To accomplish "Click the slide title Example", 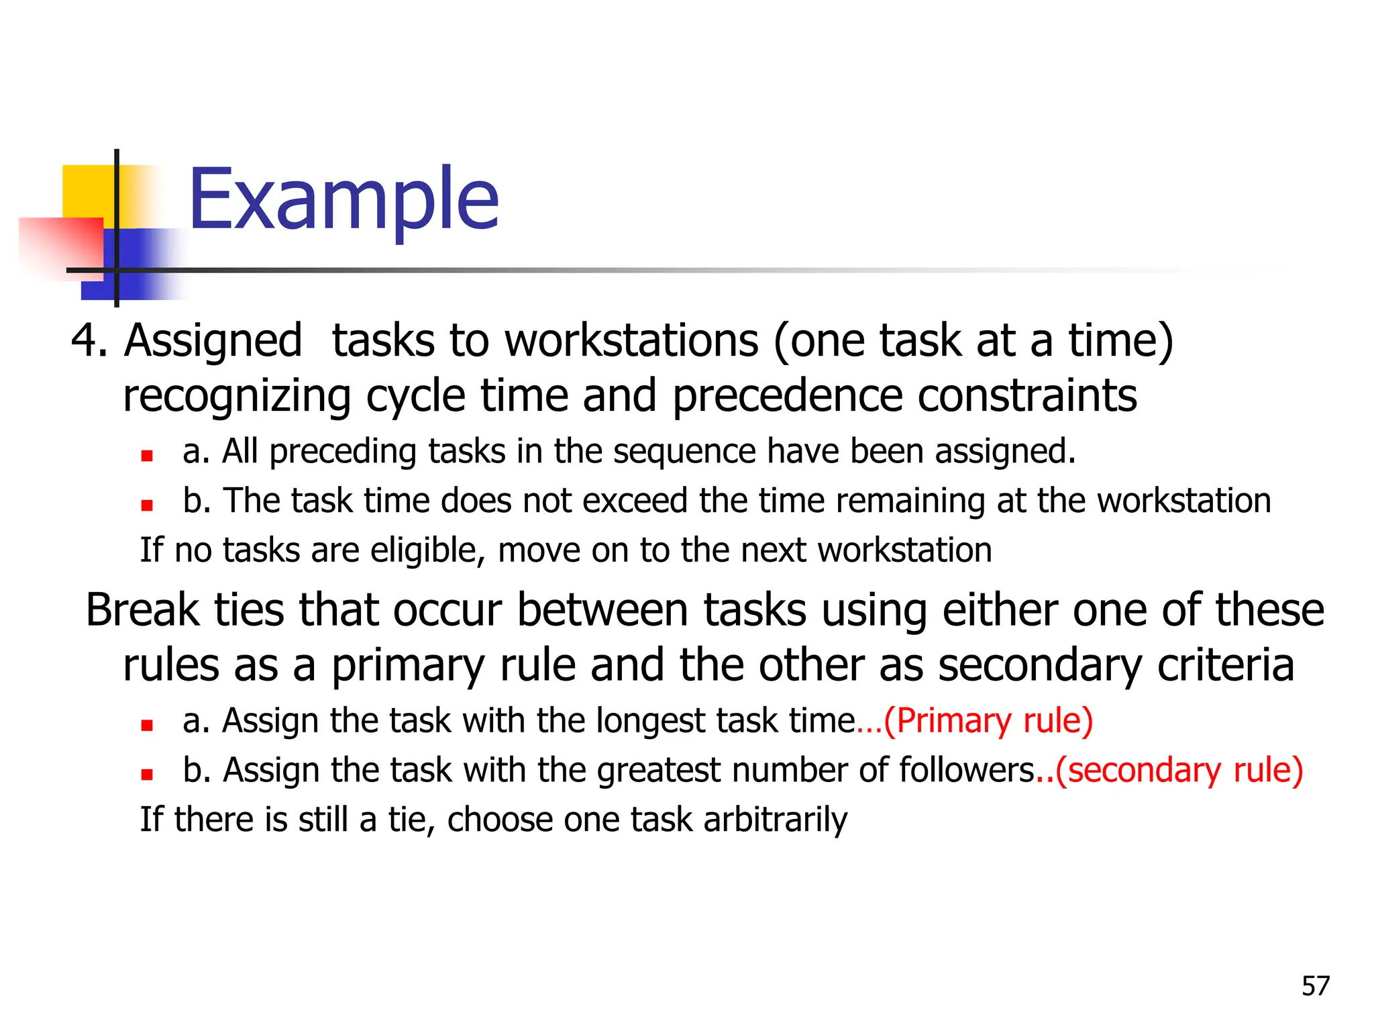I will [343, 199].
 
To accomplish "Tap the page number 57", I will [1315, 986].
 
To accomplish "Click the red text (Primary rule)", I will [988, 721].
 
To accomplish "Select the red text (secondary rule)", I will [1179, 770].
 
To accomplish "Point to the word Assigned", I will [213, 341].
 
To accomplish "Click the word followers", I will [967, 770].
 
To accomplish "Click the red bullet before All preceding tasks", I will [147, 456].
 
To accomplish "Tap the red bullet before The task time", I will [147, 505].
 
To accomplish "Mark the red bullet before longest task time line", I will [147, 726].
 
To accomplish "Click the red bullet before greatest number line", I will [147, 775].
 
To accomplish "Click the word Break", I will [142, 610].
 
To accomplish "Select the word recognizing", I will [237, 396].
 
